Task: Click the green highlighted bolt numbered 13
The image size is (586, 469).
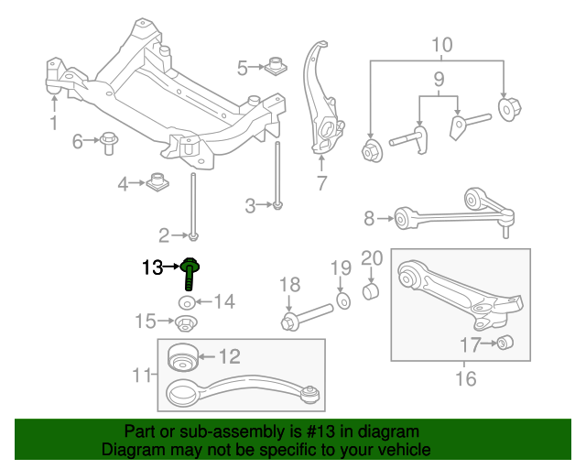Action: coord(190,273)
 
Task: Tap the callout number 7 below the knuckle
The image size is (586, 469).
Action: coord(321,183)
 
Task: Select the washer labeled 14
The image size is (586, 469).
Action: coord(187,302)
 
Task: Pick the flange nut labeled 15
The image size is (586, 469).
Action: coord(186,323)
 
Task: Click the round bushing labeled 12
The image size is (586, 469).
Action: coord(182,356)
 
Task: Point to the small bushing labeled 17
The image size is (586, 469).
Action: coord(505,343)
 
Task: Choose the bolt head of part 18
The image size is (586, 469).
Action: coord(290,322)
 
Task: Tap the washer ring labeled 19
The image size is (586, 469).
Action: coord(343,301)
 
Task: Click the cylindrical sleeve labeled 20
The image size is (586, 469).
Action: coord(371,291)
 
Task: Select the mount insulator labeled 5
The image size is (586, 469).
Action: coord(276,66)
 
